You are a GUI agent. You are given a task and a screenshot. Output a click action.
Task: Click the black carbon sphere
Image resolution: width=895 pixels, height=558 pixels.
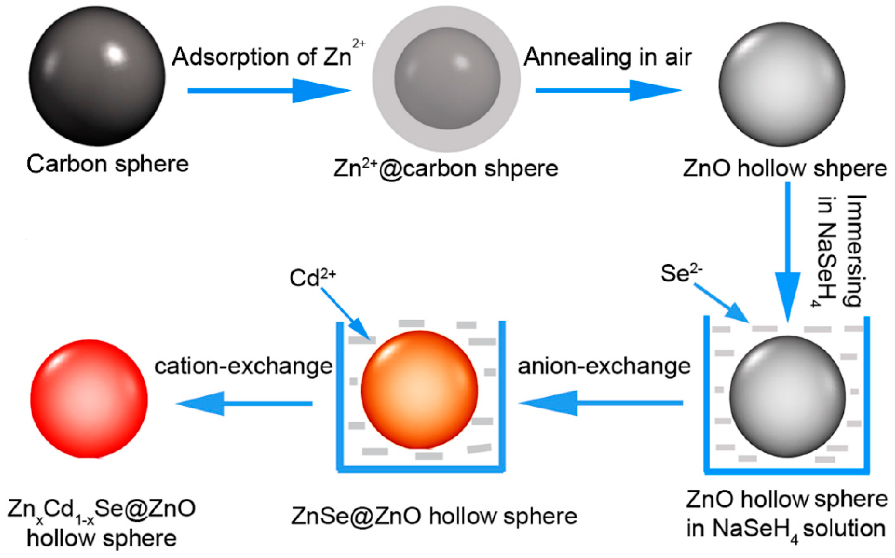[97, 76]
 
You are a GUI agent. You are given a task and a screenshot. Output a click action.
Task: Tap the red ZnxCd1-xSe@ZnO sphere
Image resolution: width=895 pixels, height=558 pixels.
[89, 398]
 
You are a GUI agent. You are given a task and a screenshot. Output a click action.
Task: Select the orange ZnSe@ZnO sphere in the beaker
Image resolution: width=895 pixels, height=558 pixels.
[420, 389]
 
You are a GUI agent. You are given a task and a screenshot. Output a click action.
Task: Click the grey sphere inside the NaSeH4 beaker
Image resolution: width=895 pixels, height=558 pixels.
[787, 397]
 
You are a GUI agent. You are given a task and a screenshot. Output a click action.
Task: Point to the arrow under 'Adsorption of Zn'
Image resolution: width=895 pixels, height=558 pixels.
[269, 91]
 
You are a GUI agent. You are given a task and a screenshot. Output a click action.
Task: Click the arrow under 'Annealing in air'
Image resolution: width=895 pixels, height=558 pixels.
[608, 91]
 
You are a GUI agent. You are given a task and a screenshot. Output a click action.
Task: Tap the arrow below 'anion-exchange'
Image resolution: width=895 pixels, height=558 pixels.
[601, 403]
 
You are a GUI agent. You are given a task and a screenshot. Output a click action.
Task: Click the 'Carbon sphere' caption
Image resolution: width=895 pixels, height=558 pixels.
[108, 164]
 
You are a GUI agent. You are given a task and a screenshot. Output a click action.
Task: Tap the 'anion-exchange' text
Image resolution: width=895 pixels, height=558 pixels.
[604, 367]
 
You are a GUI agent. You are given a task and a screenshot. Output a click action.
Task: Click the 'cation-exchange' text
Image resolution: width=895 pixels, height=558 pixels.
[243, 367]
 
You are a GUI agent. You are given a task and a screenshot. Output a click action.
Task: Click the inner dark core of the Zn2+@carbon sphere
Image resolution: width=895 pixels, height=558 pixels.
[447, 79]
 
